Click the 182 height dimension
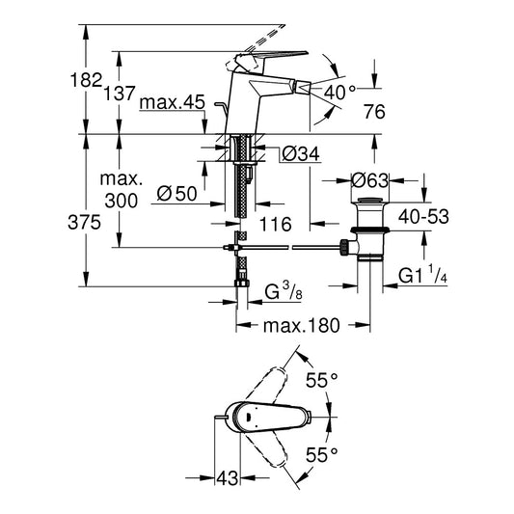(87, 80)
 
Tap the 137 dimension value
(120, 94)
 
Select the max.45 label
(172, 102)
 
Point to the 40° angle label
(339, 93)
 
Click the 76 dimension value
(374, 112)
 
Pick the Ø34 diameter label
(301, 153)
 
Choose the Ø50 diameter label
(177, 194)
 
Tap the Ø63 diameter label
(369, 180)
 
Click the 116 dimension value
(276, 225)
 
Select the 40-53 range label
(423, 217)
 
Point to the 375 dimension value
(84, 223)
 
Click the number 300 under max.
(122, 201)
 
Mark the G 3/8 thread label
(284, 291)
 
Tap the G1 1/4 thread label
(423, 275)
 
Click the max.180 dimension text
(302, 326)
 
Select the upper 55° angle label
(321, 380)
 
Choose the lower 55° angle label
(321, 455)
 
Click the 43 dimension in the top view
(228, 478)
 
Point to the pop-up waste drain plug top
(369, 201)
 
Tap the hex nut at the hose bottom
(242, 284)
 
